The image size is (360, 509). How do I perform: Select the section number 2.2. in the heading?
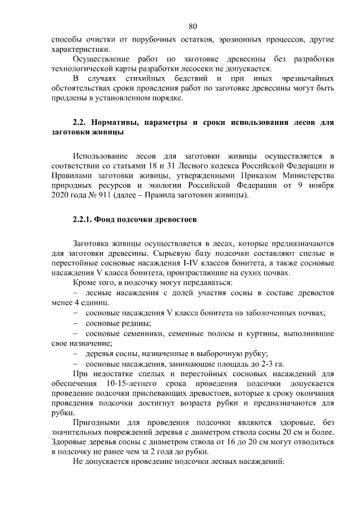tap(82, 122)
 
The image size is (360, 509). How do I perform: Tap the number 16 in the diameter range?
tap(228, 442)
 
